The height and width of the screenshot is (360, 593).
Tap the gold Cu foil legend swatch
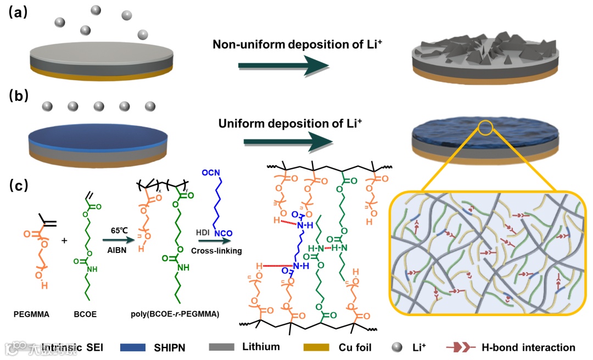[316, 347]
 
